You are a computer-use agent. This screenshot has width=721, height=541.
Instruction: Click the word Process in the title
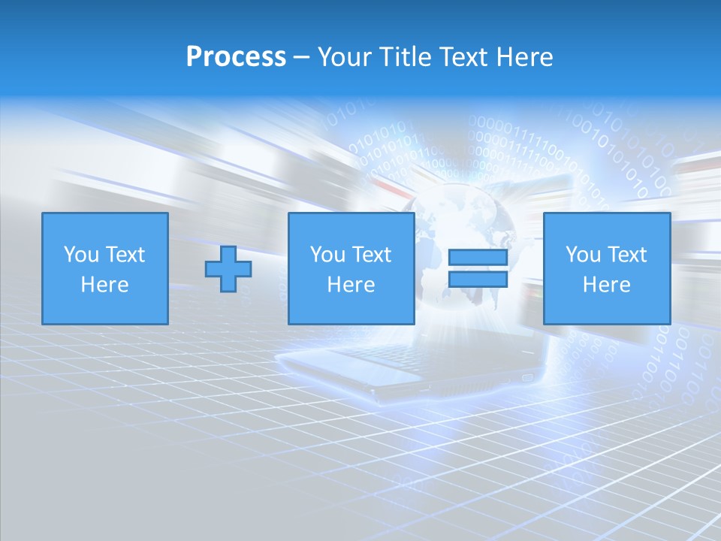pos(236,57)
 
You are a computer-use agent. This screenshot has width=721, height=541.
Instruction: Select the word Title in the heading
pos(407,57)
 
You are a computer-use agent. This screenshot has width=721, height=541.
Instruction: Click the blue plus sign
pos(228,269)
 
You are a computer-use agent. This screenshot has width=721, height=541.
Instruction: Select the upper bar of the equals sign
pos(478,258)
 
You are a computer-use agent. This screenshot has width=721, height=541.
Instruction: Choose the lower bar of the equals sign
pos(478,280)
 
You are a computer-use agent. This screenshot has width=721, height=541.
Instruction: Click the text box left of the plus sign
pos(104,269)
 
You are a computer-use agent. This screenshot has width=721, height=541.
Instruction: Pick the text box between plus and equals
pos(351,269)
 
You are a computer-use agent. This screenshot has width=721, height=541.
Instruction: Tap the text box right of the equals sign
pos(606,269)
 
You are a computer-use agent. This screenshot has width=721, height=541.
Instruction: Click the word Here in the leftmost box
pos(104,285)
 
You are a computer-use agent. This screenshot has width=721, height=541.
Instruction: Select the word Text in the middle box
pos(370,255)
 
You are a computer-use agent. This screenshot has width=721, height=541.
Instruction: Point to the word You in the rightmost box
pos(584,255)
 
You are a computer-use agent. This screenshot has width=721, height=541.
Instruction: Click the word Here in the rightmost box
pos(606,285)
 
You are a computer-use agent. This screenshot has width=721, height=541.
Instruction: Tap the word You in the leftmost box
pos(82,255)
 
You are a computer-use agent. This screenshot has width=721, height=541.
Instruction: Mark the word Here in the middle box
pos(351,285)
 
